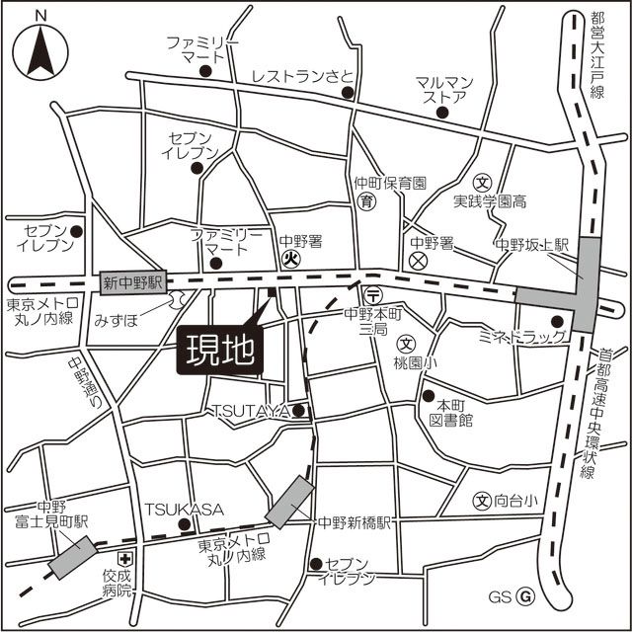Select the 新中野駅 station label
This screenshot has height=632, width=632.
[132, 283]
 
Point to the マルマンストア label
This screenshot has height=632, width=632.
[445, 90]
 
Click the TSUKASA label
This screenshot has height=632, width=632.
[185, 509]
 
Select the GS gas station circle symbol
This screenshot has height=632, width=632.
[526, 596]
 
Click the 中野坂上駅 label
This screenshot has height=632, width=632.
[534, 245]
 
